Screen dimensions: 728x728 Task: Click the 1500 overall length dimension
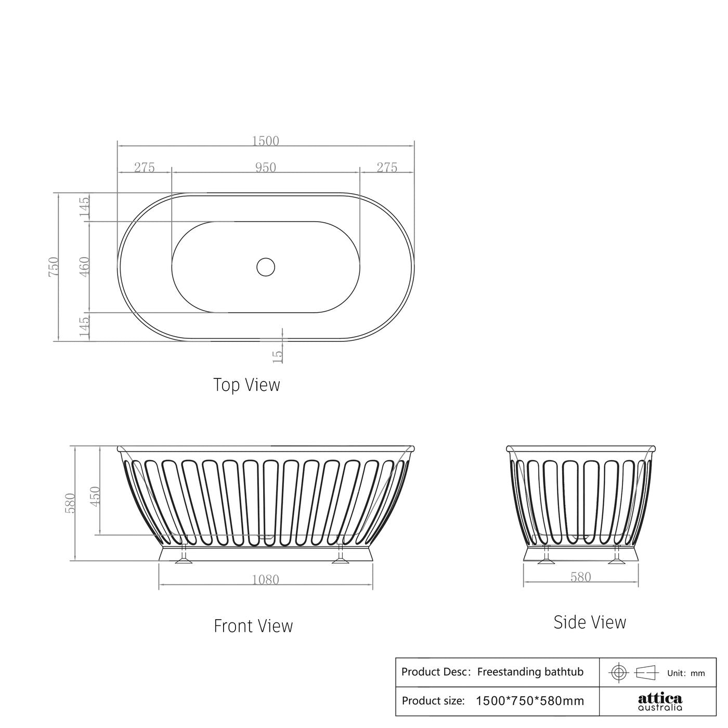pyautogui.click(x=265, y=141)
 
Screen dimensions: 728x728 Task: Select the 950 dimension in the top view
pyautogui.click(x=265, y=168)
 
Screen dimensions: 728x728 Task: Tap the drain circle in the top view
pyautogui.click(x=265, y=266)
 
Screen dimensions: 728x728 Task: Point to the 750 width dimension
pyautogui.click(x=54, y=266)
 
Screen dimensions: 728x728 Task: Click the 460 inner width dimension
pyautogui.click(x=85, y=266)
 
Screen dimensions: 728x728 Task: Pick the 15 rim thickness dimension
pyautogui.click(x=278, y=355)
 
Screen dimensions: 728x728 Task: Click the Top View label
pyautogui.click(x=246, y=385)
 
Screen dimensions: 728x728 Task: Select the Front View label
pyautogui.click(x=253, y=625)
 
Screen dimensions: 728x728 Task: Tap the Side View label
pyautogui.click(x=590, y=622)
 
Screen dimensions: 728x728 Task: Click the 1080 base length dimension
pyautogui.click(x=265, y=580)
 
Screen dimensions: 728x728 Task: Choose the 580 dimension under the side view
pyautogui.click(x=580, y=577)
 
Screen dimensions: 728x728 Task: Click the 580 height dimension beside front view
pyautogui.click(x=70, y=503)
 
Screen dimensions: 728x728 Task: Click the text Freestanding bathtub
pyautogui.click(x=530, y=672)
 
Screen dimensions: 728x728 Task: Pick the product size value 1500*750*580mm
pyautogui.click(x=530, y=701)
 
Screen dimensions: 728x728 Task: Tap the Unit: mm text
pyautogui.click(x=686, y=673)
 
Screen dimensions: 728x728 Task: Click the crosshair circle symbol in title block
pyautogui.click(x=618, y=672)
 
